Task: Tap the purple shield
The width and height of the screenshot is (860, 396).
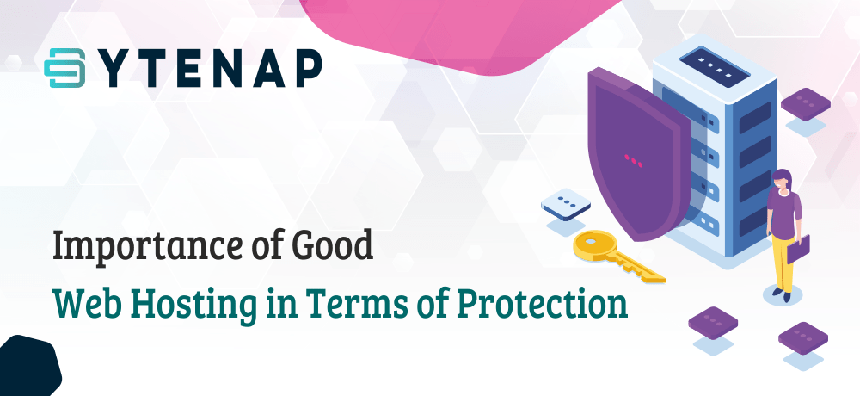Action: coord(636,156)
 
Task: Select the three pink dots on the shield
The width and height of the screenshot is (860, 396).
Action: coord(634,160)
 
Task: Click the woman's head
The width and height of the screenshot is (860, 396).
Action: coord(782,180)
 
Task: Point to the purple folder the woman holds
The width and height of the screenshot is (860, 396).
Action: coord(799,249)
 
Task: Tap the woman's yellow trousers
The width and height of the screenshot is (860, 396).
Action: coord(783,263)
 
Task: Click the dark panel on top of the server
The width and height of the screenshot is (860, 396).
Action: coord(714,66)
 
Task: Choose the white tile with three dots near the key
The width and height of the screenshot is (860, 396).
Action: coord(566,205)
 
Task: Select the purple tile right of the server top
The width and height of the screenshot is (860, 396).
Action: coord(805,104)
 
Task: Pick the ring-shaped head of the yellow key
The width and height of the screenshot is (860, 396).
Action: coord(593,244)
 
